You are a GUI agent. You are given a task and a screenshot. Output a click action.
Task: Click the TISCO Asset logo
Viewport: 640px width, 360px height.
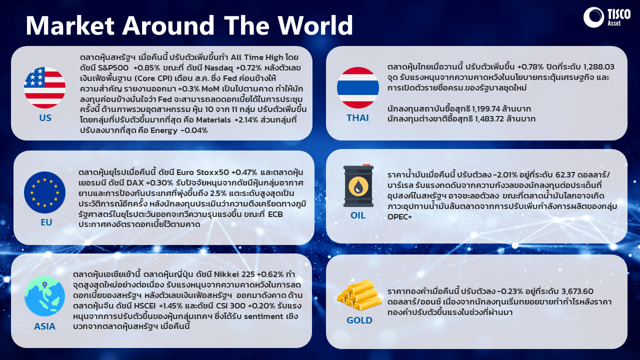607,17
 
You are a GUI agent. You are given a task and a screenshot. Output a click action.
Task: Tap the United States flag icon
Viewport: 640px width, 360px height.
44,87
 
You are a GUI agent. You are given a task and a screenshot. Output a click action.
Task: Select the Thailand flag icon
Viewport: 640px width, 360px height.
357,87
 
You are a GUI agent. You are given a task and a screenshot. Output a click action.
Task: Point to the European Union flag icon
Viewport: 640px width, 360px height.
44,192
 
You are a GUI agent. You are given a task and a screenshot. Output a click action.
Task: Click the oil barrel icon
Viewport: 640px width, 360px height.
358,185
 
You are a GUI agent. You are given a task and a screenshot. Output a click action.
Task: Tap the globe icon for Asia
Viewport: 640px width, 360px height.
44,296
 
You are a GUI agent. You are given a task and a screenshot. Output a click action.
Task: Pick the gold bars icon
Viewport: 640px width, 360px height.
359,295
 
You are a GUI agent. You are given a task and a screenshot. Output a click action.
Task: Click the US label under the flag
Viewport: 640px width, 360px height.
45,117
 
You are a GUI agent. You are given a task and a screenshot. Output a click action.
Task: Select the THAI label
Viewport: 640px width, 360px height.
357,117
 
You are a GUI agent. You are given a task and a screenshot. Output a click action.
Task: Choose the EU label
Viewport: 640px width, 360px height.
46,222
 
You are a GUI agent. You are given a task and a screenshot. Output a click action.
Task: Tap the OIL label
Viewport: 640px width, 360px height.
358,215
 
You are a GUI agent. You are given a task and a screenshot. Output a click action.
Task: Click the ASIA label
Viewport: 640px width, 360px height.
44,326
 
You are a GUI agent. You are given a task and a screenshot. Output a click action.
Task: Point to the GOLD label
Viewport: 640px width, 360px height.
359,320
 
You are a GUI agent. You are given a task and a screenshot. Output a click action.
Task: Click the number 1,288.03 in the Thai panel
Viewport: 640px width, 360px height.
598,67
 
